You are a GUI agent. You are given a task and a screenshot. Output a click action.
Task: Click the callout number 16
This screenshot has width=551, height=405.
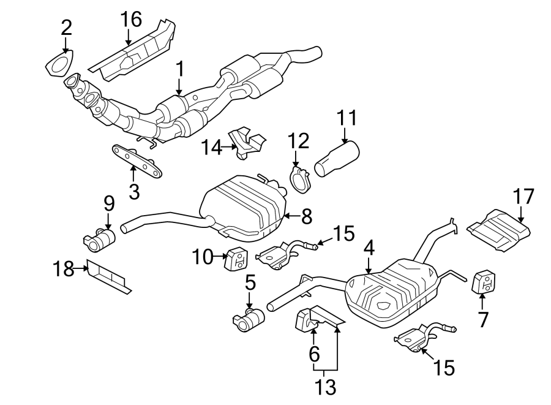(x=131, y=20)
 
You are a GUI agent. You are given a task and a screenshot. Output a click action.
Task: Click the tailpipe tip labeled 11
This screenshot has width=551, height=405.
(x=337, y=158)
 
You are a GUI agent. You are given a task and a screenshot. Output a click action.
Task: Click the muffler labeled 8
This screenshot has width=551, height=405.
(x=242, y=209)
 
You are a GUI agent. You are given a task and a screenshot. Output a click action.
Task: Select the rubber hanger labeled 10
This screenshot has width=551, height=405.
(x=236, y=259)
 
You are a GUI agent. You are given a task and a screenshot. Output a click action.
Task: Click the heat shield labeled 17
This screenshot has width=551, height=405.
(x=498, y=230)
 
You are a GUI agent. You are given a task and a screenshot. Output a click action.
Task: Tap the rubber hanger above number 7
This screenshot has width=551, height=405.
(x=483, y=282)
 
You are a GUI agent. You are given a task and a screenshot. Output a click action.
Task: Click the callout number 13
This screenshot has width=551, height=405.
(x=325, y=387)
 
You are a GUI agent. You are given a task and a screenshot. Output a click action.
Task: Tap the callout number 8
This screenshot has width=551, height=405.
(x=307, y=216)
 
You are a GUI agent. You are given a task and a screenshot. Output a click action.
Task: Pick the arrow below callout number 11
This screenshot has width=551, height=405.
(x=345, y=135)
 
